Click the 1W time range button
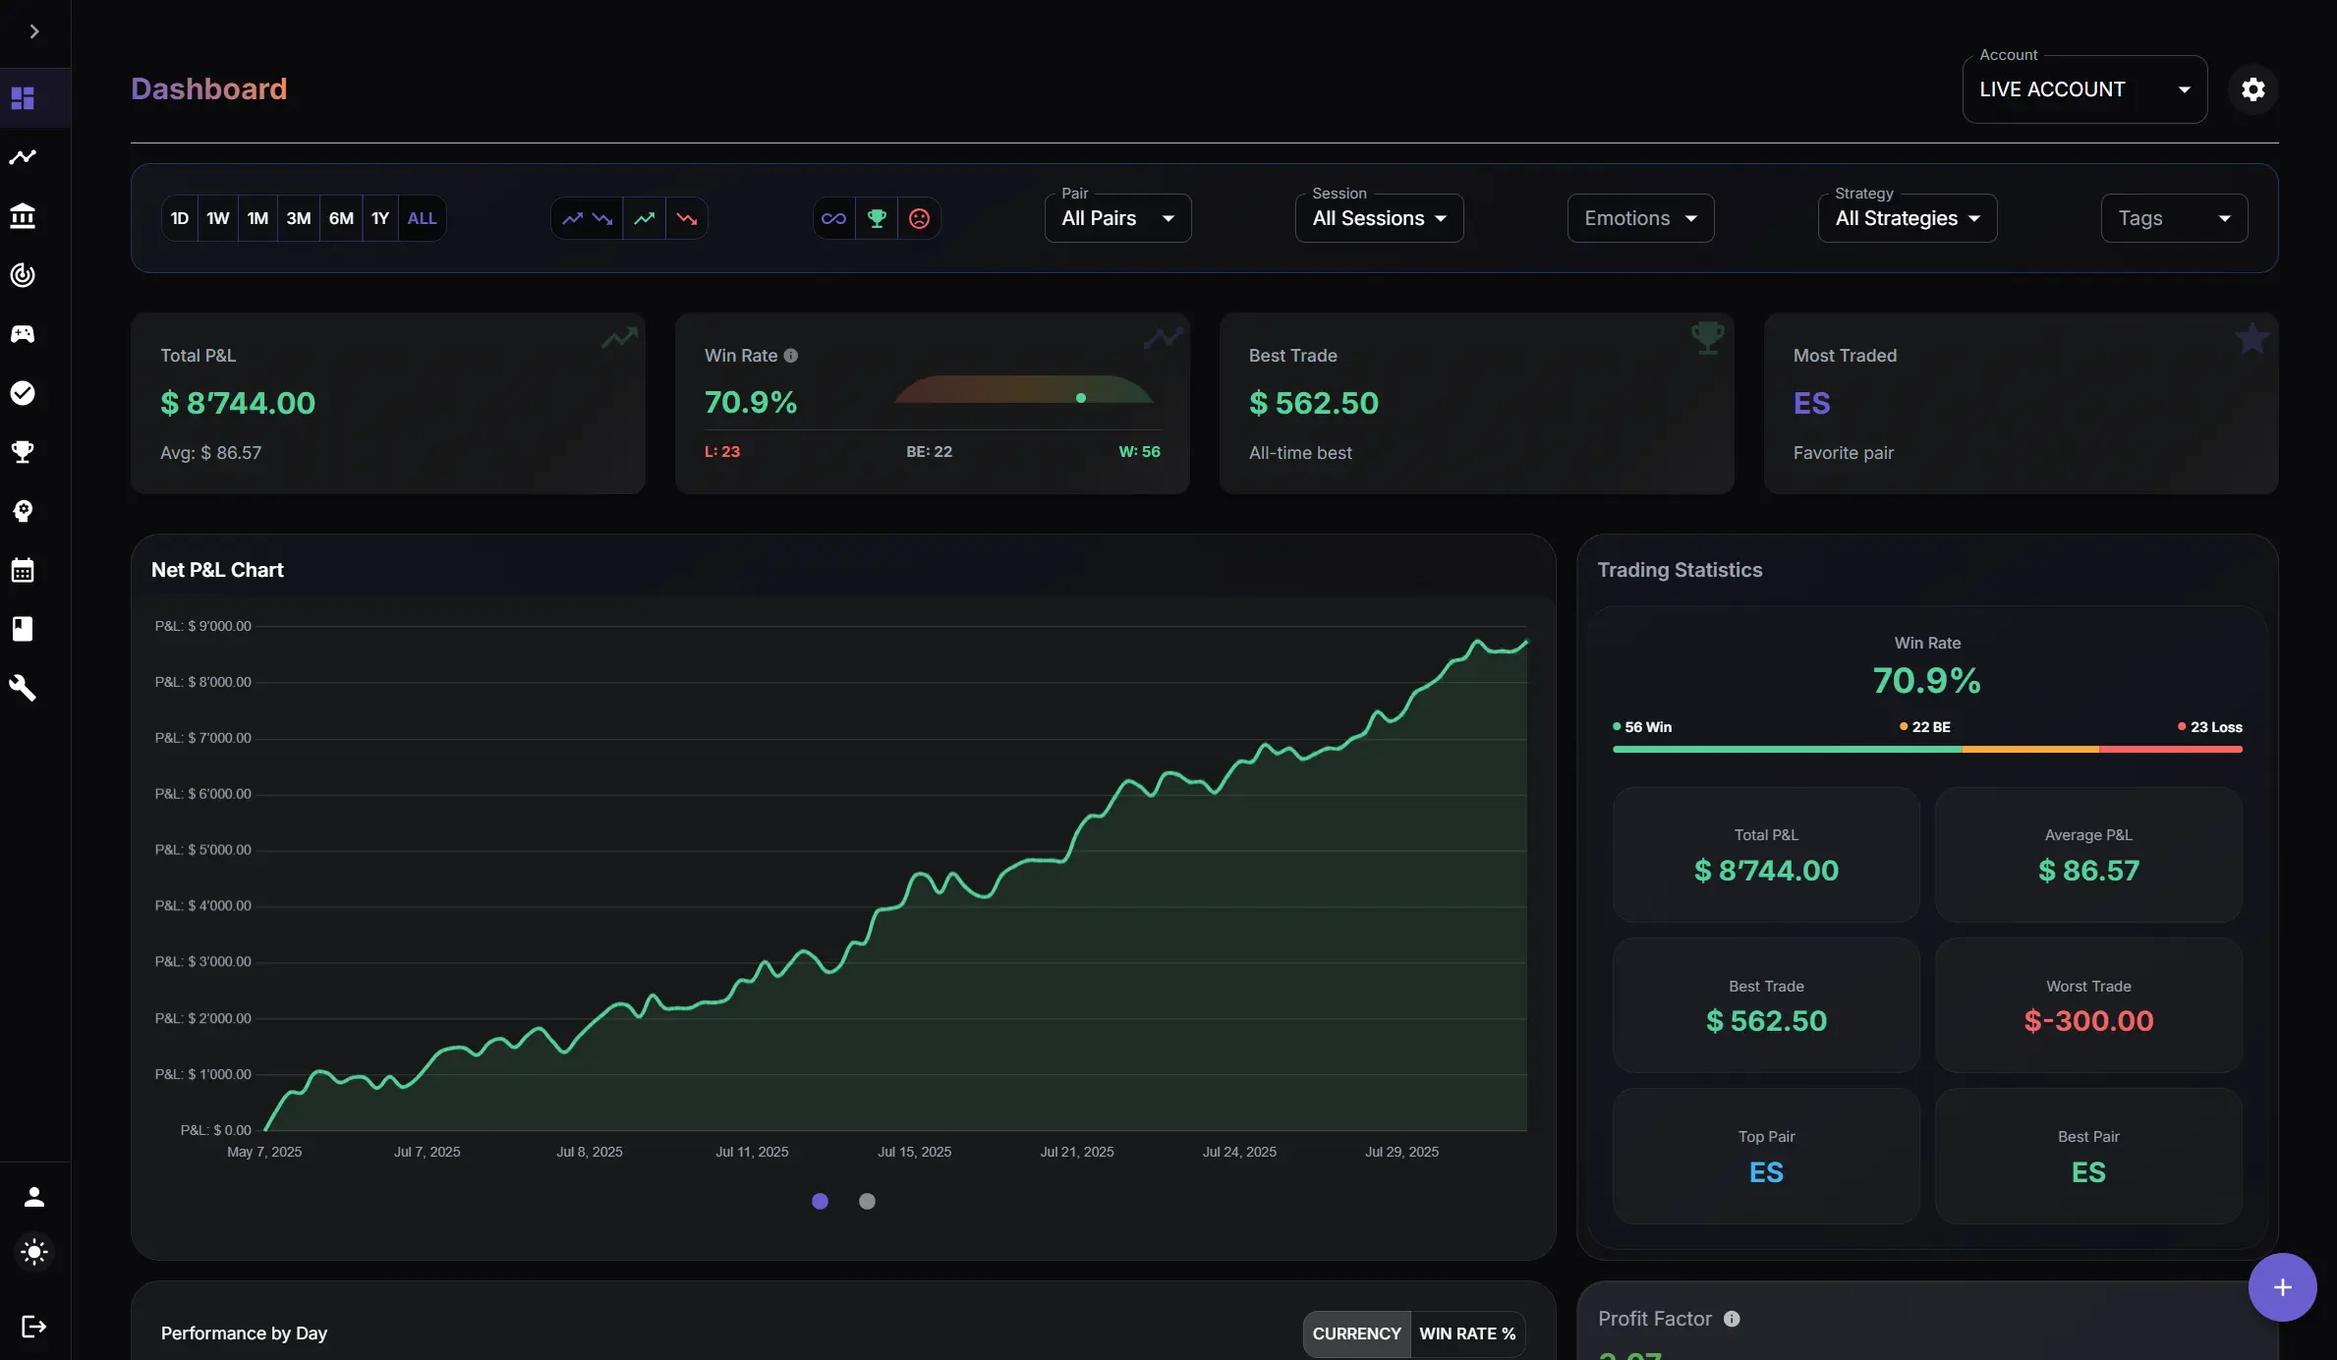(x=218, y=218)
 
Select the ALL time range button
(x=422, y=218)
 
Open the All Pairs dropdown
(x=1117, y=218)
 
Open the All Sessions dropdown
(x=1379, y=218)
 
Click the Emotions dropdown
(x=1640, y=218)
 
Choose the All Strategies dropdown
(x=1907, y=218)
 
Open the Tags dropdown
(x=2174, y=218)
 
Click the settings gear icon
(x=2252, y=89)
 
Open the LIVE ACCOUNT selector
(x=2084, y=89)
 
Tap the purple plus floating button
(x=2282, y=1287)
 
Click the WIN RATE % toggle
(x=1467, y=1333)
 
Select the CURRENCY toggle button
(x=1356, y=1333)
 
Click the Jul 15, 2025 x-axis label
(x=914, y=1152)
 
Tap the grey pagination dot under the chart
(x=867, y=1201)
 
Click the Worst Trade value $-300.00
(x=2088, y=1021)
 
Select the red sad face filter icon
(x=919, y=218)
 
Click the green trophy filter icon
(x=877, y=218)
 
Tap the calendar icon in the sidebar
(x=23, y=570)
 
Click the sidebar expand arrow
(x=34, y=31)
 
